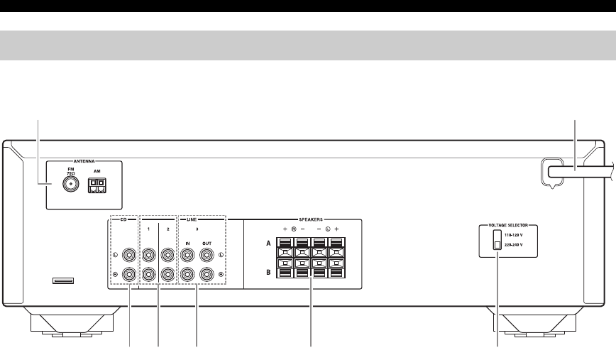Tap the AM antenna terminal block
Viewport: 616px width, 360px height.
point(96,185)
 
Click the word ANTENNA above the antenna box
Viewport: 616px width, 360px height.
point(84,161)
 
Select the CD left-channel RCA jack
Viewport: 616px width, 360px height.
point(130,253)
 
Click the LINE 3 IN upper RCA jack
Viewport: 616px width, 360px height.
point(188,253)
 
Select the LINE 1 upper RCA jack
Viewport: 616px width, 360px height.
point(150,253)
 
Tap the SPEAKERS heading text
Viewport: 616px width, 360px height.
point(304,219)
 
